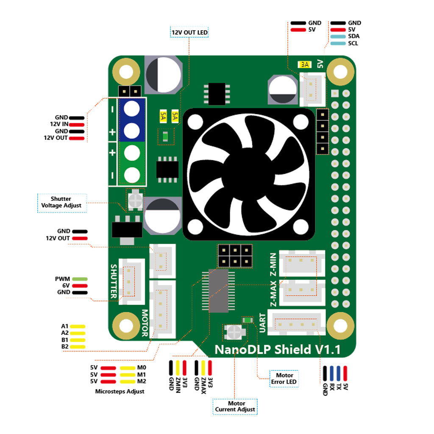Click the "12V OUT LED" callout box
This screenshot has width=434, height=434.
pos(189,32)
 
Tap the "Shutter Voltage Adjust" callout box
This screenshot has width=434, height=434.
pos(61,202)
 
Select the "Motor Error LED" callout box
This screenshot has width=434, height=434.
pos(284,379)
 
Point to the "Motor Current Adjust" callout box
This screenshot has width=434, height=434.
pos(235,406)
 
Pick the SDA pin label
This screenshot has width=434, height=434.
pos(353,36)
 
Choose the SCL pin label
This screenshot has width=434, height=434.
pos(353,43)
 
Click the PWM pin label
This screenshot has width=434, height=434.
pos(62,279)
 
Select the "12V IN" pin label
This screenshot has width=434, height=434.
pos(59,125)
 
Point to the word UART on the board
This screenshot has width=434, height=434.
pos(262,323)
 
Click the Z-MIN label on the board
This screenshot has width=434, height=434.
pos(273,264)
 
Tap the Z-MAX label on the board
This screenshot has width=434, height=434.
pos(273,293)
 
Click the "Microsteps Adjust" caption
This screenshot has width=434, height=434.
pos(120,391)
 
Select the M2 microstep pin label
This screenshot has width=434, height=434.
pos(142,381)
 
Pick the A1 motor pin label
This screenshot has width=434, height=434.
pos(65,326)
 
